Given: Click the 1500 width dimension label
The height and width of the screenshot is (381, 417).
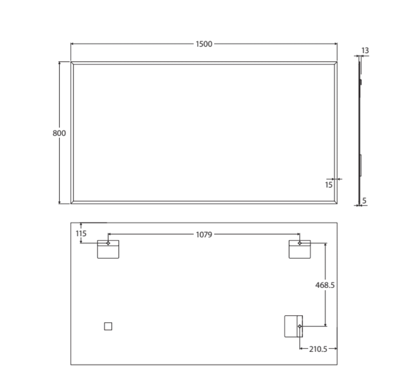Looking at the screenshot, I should [x=204, y=44].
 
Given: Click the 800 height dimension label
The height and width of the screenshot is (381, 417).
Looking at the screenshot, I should [x=59, y=133].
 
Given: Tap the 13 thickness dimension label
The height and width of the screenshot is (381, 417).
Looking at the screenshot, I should [x=365, y=51].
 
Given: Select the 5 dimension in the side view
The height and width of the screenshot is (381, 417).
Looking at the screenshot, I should [x=365, y=201].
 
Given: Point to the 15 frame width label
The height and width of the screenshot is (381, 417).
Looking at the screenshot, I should [x=329, y=185].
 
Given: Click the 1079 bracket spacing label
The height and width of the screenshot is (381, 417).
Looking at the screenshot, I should [x=204, y=234].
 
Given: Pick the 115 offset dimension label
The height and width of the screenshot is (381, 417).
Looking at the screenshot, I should [x=81, y=234].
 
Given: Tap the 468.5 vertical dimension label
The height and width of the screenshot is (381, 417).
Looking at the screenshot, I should [x=325, y=285].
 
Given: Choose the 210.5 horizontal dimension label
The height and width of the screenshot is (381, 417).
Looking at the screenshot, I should [x=318, y=349].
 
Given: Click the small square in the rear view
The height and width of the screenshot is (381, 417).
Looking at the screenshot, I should [x=108, y=326].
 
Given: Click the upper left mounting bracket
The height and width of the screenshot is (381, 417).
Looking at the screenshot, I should [x=108, y=249].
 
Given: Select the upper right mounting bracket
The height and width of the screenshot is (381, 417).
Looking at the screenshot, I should [x=299, y=249].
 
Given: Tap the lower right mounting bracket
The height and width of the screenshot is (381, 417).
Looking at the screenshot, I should [x=294, y=326].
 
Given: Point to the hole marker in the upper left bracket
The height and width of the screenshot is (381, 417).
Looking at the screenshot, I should [x=108, y=243].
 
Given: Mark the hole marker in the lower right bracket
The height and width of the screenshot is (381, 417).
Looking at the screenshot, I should [x=299, y=326].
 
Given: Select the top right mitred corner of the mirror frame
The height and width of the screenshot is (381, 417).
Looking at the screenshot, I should [x=336, y=63].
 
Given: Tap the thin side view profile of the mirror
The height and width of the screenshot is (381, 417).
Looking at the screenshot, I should [x=359, y=132].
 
